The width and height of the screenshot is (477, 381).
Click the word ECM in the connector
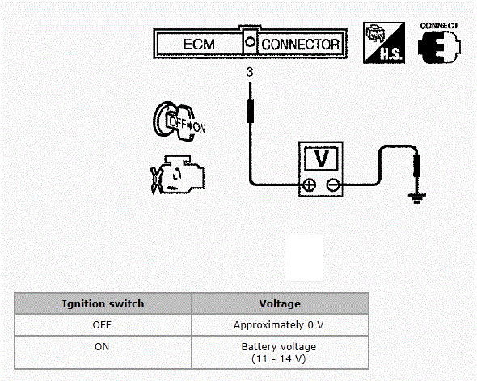click(x=199, y=44)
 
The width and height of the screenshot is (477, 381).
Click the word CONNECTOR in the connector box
click(x=300, y=44)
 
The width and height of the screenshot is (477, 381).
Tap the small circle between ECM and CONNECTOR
click(x=250, y=42)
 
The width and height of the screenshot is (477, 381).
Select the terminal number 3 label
click(x=250, y=72)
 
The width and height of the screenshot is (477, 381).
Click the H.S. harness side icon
click(x=384, y=43)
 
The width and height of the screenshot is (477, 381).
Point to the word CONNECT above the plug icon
click(x=439, y=26)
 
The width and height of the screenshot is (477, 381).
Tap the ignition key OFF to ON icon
click(x=179, y=121)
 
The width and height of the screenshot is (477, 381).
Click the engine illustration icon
click(x=178, y=175)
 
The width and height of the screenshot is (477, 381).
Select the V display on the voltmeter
click(x=321, y=159)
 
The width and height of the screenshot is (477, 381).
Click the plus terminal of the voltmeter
click(x=310, y=184)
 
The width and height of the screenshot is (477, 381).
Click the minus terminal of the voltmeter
click(x=332, y=184)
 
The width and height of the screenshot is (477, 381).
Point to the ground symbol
click(x=416, y=198)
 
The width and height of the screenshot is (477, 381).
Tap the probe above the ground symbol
click(x=416, y=166)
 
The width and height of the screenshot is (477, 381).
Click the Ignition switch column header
click(x=103, y=303)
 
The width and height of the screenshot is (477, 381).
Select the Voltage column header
click(x=280, y=303)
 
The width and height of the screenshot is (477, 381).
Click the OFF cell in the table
click(x=102, y=325)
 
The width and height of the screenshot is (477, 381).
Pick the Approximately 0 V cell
click(x=279, y=325)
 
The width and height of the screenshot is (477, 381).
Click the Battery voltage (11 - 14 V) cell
click(x=279, y=353)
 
